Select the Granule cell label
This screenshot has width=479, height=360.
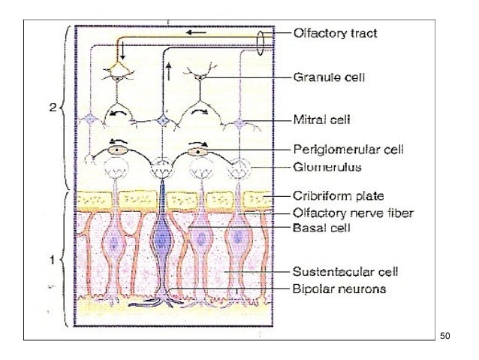pos(328,77)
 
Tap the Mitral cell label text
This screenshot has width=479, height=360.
pos(323,119)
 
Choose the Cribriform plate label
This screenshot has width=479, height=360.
pos(335,197)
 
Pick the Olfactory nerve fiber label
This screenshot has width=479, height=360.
pos(343,213)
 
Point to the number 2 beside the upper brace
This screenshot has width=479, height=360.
pos(52,107)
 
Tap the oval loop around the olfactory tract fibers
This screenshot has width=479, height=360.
pos(260,44)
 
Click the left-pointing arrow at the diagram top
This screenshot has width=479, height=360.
pos(197,34)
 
